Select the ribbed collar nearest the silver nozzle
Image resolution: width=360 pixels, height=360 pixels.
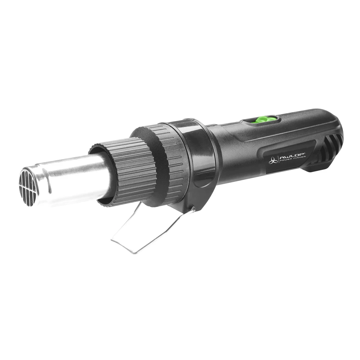(126, 169)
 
